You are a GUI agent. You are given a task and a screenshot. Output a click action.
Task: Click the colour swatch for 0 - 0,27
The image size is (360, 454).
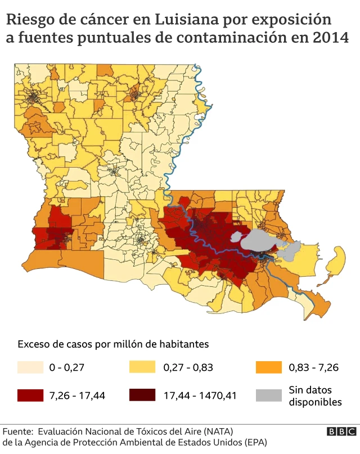[30, 367]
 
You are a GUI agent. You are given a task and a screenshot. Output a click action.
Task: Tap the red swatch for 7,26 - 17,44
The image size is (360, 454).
[30, 395]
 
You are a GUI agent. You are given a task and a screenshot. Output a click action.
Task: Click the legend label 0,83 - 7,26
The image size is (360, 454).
[313, 368]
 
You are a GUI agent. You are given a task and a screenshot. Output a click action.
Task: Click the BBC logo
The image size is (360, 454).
[341, 431]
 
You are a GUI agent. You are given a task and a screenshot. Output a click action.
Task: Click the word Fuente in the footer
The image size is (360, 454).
[17, 431]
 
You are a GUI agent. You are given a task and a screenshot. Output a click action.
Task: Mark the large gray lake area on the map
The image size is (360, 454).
[256, 241]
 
